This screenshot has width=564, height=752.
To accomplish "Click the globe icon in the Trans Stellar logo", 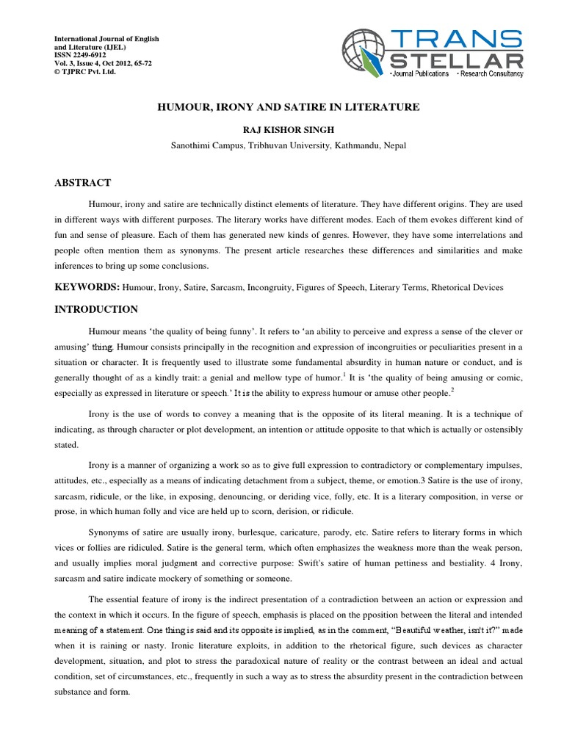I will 365,52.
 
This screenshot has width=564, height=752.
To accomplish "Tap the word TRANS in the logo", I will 456,39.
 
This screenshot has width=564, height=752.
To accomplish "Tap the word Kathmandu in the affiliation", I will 358,145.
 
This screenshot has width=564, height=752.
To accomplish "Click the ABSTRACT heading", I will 83,183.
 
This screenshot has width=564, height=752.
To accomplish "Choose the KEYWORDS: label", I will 87,287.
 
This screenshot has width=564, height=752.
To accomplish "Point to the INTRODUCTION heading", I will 96,309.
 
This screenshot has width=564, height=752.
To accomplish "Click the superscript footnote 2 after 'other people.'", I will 452,390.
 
